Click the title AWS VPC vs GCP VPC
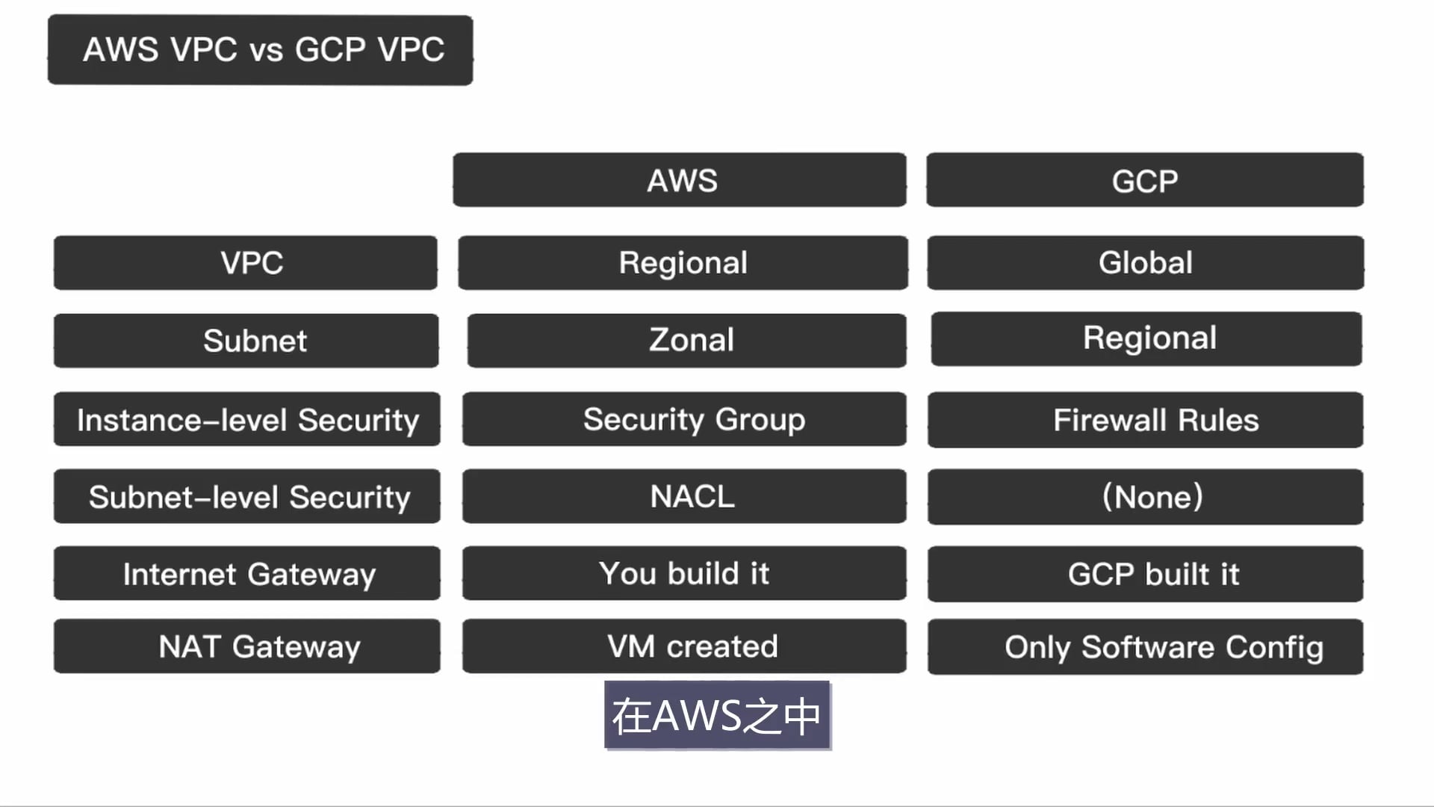click(260, 50)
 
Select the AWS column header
click(680, 180)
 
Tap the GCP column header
click(1145, 180)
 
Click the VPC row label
click(246, 263)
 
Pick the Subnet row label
click(246, 341)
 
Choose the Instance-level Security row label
click(247, 419)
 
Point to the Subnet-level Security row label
click(247, 496)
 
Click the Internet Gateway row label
click(247, 573)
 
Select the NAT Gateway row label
click(247, 646)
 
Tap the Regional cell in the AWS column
click(683, 263)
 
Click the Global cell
click(1146, 263)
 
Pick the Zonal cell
click(687, 341)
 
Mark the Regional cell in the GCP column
click(1146, 338)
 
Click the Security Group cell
click(684, 419)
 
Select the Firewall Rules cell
click(1146, 420)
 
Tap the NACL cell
click(684, 496)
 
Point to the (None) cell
click(1146, 497)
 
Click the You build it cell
click(684, 573)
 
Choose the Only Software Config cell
click(1146, 647)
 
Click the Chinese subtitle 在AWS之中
click(717, 715)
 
